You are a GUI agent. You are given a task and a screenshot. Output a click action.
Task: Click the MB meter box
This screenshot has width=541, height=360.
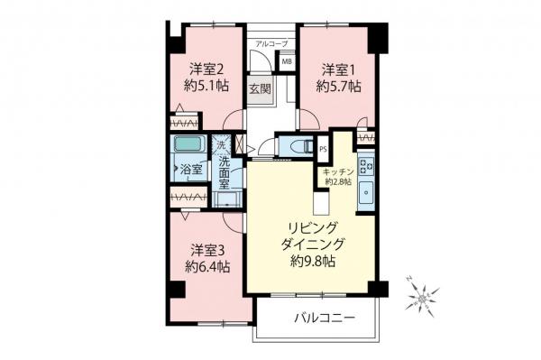pos(287,62)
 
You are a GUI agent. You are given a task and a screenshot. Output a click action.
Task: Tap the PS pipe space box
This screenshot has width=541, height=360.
pos(323,150)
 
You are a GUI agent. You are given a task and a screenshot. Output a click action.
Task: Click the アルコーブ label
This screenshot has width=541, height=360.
pos(270,43)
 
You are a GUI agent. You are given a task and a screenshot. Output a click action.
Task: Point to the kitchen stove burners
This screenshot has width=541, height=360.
pos(366,166)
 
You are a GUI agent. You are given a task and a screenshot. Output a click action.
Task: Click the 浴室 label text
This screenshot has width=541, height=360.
pos(190,169)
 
